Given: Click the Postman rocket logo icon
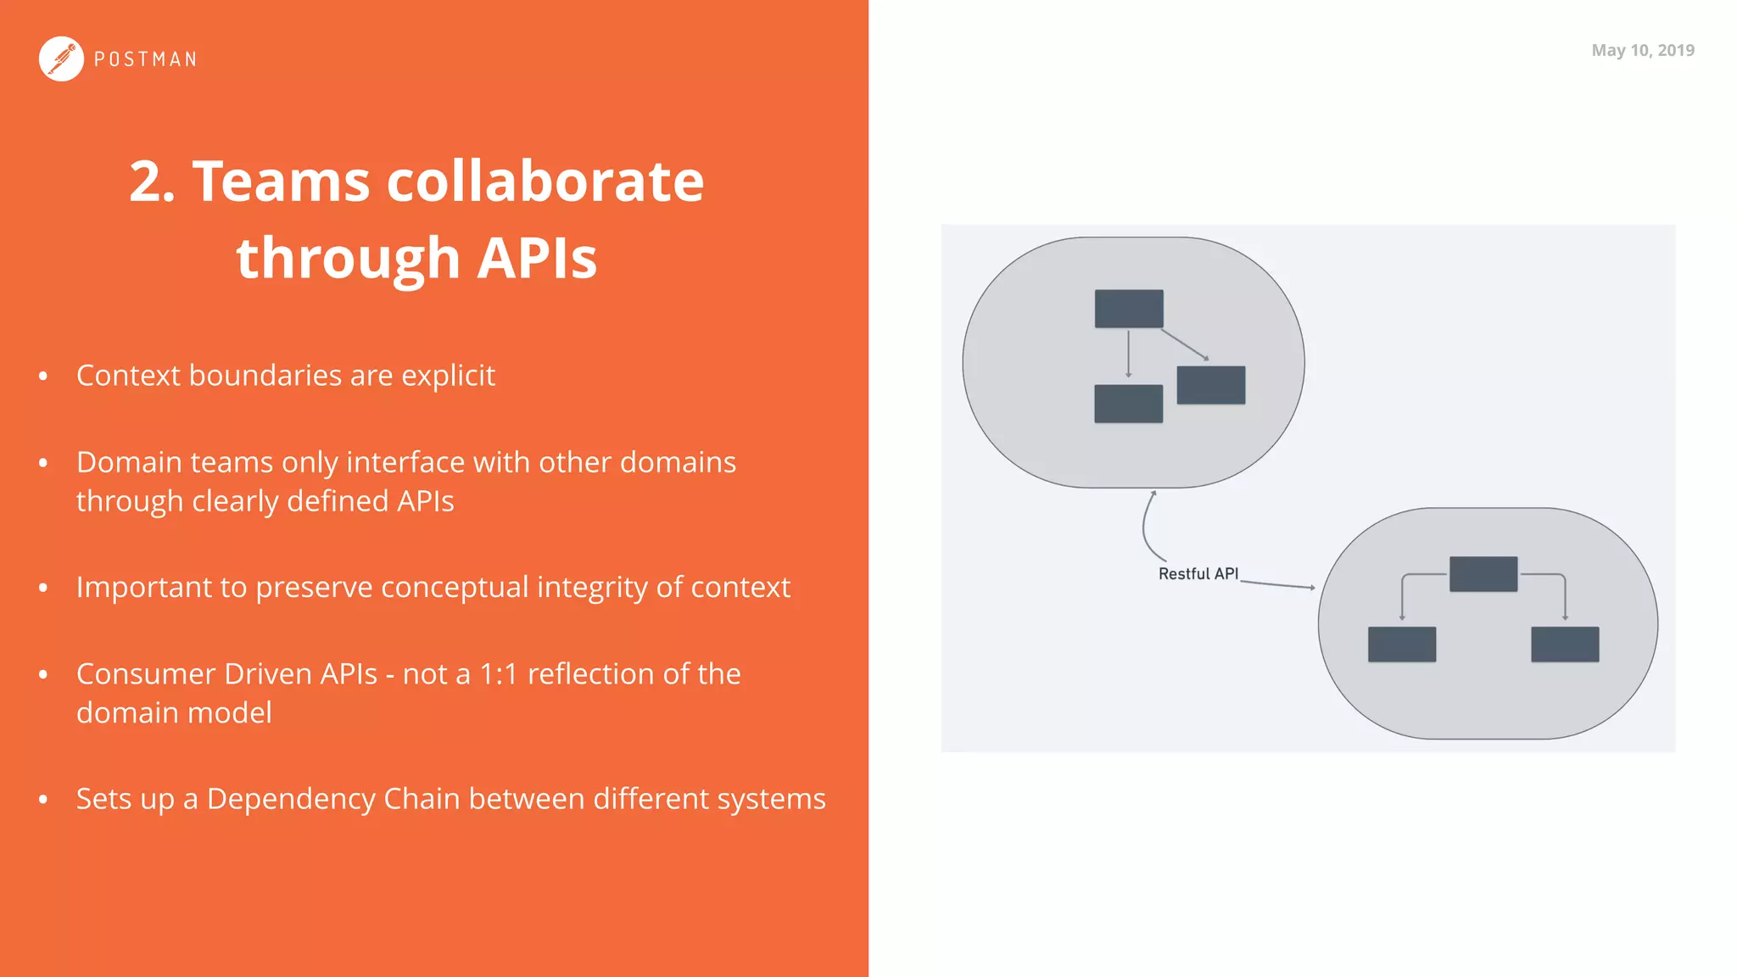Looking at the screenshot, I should (61, 59).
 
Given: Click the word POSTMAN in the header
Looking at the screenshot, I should (145, 59).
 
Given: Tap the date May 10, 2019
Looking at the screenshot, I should (1642, 50).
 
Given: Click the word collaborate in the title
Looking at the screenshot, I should (545, 181).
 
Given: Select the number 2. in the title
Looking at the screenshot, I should (153, 181).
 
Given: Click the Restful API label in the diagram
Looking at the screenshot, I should (1198, 574).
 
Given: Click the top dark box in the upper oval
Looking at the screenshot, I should (1129, 309).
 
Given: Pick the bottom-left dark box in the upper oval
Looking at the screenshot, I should (1128, 404).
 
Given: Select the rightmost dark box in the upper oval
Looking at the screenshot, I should (1210, 385).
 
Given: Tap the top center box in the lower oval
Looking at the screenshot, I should (1483, 574).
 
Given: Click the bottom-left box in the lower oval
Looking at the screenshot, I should (1401, 645).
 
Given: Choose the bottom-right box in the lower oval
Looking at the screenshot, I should (1564, 645).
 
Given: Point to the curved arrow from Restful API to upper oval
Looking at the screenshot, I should (1145, 526).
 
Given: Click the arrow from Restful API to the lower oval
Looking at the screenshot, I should (1277, 584).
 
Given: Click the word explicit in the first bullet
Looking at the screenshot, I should (448, 376).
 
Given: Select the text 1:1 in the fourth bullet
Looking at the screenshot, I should (498, 674).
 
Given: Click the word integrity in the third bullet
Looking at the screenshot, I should (593, 588).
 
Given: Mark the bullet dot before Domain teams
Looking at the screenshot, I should (43, 463).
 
